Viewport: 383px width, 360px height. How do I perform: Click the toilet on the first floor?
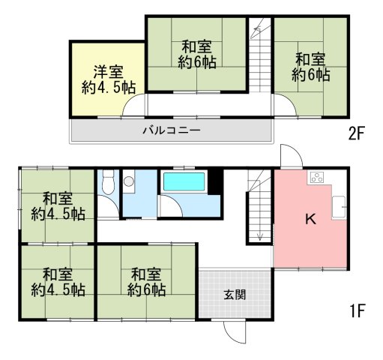pos(108,182)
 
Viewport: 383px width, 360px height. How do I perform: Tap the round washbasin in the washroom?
pos(129,181)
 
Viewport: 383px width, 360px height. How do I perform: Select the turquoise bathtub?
pos(184,181)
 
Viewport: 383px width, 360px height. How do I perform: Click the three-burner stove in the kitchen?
pos(317,178)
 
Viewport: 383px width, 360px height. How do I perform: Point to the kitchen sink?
pos(339,207)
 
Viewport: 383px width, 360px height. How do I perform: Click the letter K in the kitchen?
pos(311,219)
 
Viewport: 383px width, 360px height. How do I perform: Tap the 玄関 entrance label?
pos(235,295)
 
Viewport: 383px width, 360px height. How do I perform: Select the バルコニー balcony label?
pos(172,130)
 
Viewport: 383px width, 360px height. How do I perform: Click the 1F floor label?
pos(358,310)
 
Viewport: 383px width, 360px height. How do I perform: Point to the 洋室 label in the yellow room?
pos(109,72)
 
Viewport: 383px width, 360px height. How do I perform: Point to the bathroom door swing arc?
pos(176,202)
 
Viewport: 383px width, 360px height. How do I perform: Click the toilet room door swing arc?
pos(113,202)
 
